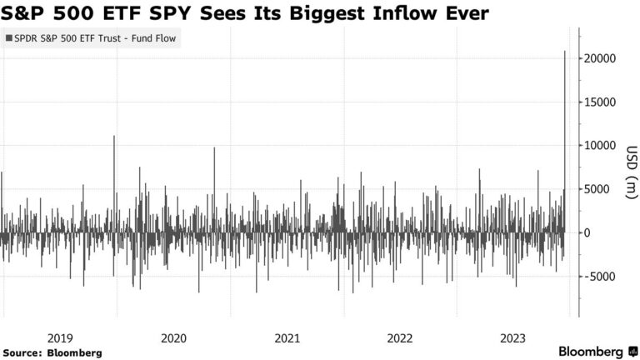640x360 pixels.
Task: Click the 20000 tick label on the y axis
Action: (x=600, y=59)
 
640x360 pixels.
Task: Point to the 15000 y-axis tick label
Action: (x=600, y=102)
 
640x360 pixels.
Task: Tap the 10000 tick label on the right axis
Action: (x=600, y=146)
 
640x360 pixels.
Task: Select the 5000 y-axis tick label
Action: (x=597, y=189)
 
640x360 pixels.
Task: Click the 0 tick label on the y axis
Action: (x=587, y=232)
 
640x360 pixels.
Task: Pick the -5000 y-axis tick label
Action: (x=598, y=276)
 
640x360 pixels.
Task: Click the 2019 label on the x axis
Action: (x=60, y=337)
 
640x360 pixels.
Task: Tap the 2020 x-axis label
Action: (x=173, y=337)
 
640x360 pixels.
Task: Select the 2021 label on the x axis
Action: (x=287, y=337)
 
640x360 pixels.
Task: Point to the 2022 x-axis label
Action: (x=400, y=337)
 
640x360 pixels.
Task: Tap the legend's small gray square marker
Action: (x=9, y=38)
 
